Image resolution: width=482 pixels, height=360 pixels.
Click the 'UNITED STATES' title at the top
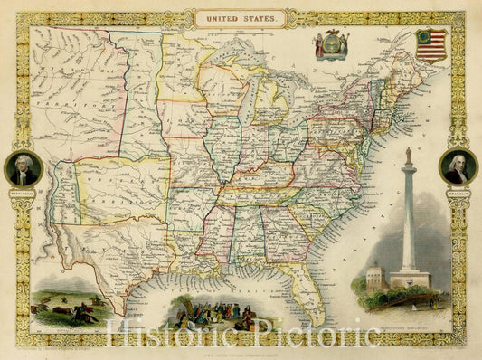(x=241, y=16)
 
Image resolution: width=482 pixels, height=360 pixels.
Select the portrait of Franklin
(x=458, y=167)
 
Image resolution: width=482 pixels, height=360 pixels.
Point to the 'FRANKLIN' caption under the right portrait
(x=458, y=191)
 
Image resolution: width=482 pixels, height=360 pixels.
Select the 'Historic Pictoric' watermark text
(x=241, y=336)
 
